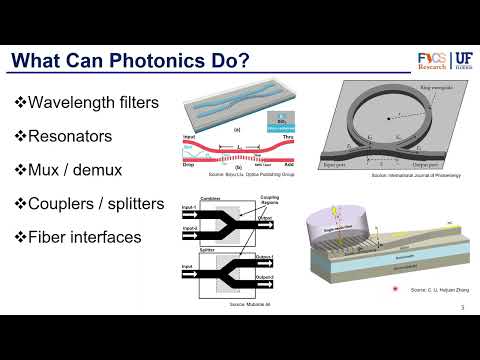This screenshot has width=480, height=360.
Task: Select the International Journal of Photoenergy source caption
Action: click(384, 174)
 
